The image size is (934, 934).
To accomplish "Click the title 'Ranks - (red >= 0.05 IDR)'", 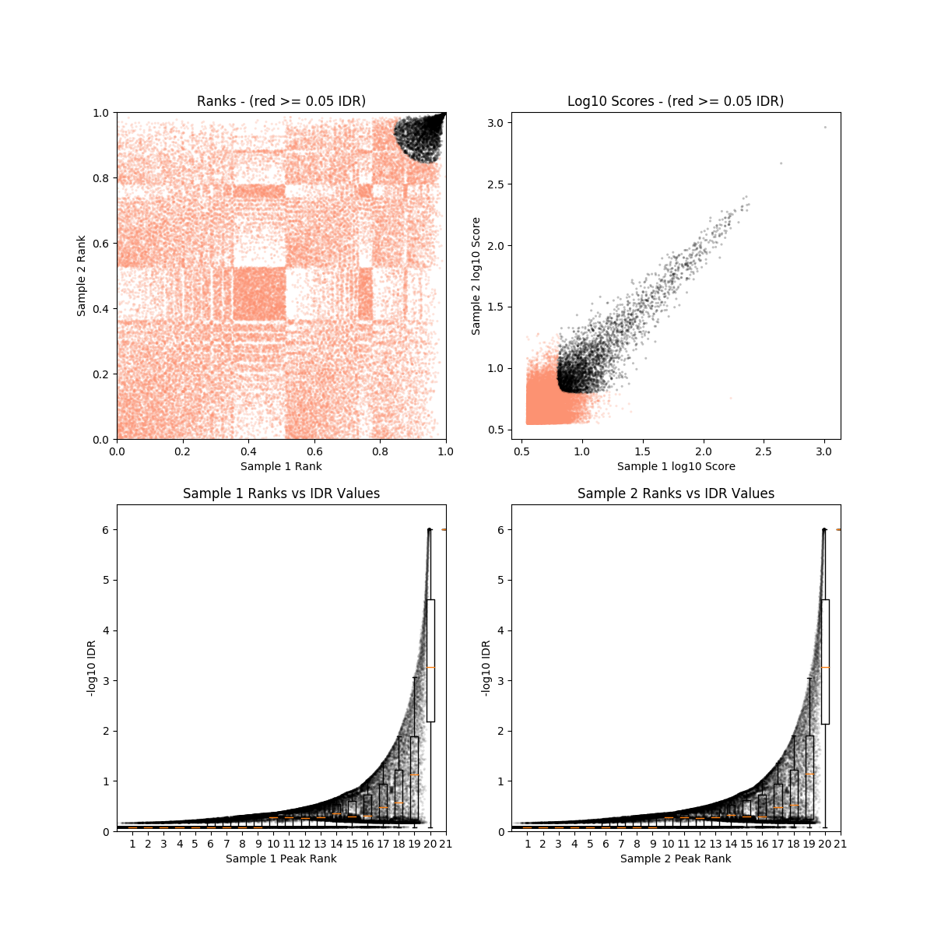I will (281, 101).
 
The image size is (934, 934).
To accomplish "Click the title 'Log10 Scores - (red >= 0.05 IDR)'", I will (676, 101).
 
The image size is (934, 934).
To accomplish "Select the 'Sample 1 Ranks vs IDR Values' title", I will (281, 493).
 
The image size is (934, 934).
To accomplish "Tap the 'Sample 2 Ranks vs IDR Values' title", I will (676, 493).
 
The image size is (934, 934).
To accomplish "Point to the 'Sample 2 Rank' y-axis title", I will (82, 276).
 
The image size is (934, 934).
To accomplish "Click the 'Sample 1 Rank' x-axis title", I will (281, 466).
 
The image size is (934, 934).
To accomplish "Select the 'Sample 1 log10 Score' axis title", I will (676, 466).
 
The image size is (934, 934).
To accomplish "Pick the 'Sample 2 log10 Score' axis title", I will (476, 276).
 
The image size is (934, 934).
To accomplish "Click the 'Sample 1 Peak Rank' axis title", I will (281, 859).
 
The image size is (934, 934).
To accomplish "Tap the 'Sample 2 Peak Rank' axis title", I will (676, 859).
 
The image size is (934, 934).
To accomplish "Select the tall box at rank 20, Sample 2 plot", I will (825, 662).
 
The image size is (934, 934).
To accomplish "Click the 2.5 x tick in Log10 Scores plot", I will (764, 451).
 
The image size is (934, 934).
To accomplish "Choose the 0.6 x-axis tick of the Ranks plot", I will (314, 451).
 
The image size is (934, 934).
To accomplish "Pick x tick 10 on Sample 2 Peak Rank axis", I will (668, 843).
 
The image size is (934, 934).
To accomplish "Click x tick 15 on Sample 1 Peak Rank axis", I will (352, 843).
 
